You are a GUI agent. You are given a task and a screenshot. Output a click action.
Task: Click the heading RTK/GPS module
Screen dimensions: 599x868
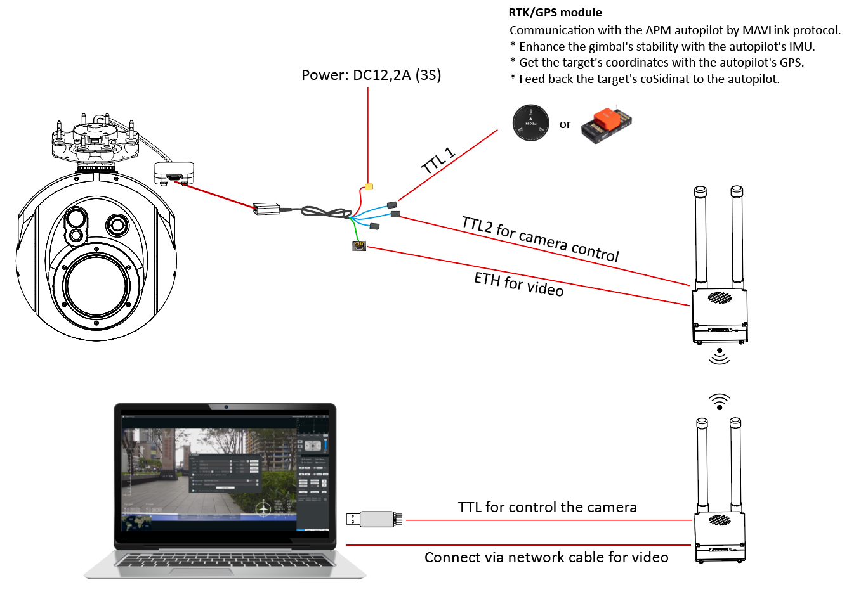555,13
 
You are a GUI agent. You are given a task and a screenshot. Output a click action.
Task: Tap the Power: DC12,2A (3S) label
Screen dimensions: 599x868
371,75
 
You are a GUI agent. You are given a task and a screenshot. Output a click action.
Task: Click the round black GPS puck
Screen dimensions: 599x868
531,122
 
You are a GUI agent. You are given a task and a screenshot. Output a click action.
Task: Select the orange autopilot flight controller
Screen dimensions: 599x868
607,124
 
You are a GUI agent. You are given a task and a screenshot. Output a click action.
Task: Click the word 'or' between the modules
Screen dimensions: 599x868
565,125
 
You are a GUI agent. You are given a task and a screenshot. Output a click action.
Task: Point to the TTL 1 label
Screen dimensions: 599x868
438,161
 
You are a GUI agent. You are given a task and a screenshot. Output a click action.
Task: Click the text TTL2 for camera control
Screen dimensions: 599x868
540,239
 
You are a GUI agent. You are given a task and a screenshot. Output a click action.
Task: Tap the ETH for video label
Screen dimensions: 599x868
518,284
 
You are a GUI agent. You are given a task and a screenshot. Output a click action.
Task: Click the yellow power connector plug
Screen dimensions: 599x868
369,186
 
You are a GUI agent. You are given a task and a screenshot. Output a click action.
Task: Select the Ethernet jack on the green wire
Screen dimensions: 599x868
359,246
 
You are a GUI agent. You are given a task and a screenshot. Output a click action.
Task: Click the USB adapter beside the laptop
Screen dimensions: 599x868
375,519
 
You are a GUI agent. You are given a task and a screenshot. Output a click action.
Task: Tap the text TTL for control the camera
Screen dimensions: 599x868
547,507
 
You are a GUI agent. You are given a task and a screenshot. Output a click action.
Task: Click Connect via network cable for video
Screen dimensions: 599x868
546,557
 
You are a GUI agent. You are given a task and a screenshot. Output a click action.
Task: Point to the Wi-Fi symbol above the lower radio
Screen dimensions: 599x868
719,401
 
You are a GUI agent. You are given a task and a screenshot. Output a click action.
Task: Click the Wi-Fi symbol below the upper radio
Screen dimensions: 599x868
719,356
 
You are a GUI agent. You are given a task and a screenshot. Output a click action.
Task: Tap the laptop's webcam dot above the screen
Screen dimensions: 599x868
225,407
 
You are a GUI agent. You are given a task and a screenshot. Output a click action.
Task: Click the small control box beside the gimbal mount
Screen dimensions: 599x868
174,172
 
